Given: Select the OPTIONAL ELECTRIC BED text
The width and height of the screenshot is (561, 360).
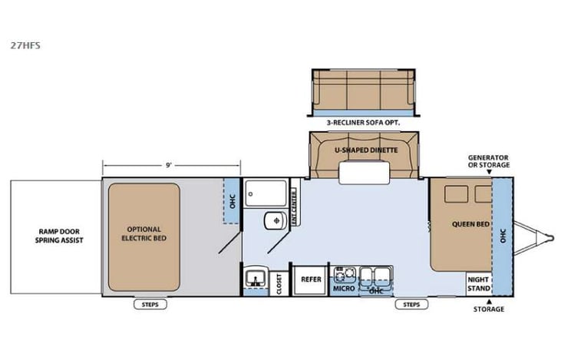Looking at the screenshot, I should click(145, 233).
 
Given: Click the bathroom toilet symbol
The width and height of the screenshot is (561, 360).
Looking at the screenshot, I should click(272, 221).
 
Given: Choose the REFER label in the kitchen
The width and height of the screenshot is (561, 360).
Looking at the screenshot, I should click(311, 279).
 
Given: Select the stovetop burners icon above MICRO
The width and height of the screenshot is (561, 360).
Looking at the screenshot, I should click(342, 274).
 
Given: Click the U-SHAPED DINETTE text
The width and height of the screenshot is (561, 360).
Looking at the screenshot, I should click(365, 150).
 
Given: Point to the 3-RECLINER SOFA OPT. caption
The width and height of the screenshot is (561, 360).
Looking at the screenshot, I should click(365, 121).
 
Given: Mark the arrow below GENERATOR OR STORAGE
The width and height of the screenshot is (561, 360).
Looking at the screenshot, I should click(490, 173).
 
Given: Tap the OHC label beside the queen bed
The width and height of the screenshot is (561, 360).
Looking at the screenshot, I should click(503, 234).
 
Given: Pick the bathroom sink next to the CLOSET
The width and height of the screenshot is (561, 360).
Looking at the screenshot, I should click(253, 279).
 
